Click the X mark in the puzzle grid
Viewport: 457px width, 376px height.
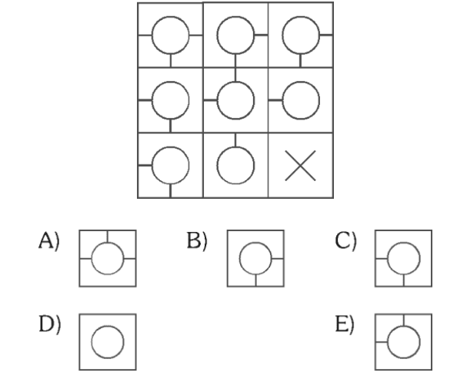tap(300, 166)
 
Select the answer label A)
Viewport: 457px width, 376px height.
tap(49, 240)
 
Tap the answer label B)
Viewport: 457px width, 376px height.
tap(197, 240)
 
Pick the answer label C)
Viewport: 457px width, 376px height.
tap(345, 240)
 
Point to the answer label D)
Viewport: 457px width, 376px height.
tap(50, 324)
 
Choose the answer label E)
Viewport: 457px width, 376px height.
tap(345, 324)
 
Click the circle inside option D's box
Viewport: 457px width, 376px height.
tap(108, 342)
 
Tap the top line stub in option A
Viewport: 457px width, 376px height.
tap(108, 237)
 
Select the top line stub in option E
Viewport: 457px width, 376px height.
tap(404, 321)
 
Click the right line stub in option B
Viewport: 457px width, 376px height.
tap(277, 258)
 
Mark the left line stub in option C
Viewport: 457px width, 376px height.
tap(382, 258)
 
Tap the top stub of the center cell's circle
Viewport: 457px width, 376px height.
tap(235, 75)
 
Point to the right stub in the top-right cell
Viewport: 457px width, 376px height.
tap(326, 35)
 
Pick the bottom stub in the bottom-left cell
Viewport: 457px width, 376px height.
tap(171, 190)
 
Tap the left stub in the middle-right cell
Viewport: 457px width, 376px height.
tap(275, 100)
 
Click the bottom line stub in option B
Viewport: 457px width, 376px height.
tap(255, 280)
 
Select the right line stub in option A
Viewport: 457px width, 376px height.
tap(130, 258)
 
